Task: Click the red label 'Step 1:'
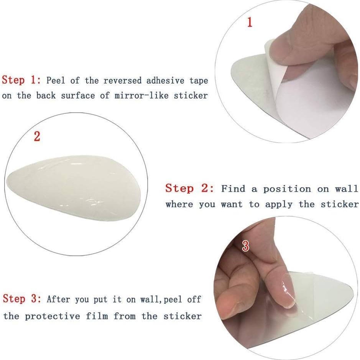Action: (21, 80)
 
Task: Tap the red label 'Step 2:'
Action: (190, 189)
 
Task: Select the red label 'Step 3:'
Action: (22, 299)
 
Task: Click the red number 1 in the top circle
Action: (250, 22)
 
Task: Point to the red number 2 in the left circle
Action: (37, 136)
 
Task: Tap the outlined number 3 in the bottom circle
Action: (245, 246)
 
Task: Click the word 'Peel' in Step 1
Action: (56, 81)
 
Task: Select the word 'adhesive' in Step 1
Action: (165, 81)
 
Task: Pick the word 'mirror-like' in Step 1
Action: (141, 95)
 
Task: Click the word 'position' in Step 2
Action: (287, 189)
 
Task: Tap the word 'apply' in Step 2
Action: (279, 204)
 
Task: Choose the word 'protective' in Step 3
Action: (53, 316)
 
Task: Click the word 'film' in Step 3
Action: (97, 316)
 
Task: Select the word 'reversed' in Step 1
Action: (122, 81)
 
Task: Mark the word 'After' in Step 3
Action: (58, 299)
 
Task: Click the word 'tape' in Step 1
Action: (199, 81)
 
